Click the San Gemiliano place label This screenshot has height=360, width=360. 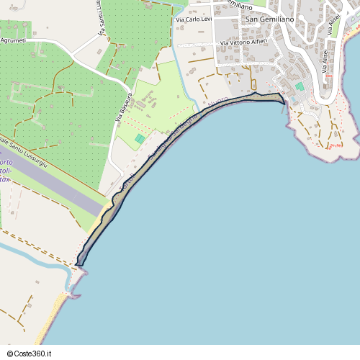tap(270, 19)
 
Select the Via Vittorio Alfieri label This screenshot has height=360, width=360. tap(244, 43)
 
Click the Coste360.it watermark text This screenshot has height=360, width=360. tap(34, 354)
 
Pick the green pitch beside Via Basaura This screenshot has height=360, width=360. tap(140, 138)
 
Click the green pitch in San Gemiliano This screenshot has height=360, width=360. tap(300, 86)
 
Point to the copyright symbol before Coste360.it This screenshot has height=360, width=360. tap(11, 354)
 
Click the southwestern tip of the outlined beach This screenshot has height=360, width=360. tap(78, 265)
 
